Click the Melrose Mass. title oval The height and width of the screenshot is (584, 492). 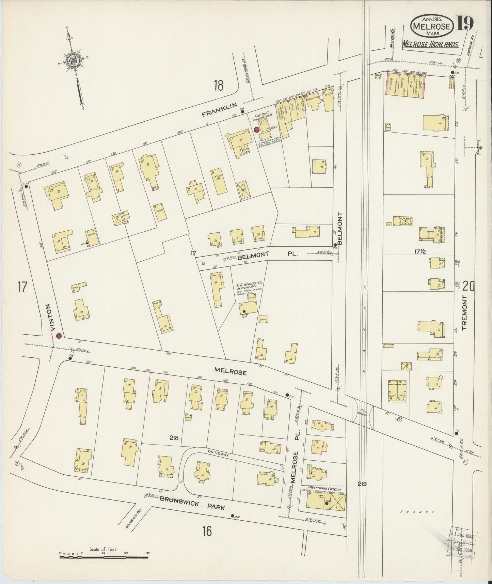[x=432, y=26]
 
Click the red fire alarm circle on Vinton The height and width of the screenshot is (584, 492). [x=59, y=336]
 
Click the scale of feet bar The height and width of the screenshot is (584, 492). [x=104, y=557]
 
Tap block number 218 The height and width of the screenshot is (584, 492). [x=175, y=438]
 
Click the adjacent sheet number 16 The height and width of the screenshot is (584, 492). [x=207, y=531]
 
